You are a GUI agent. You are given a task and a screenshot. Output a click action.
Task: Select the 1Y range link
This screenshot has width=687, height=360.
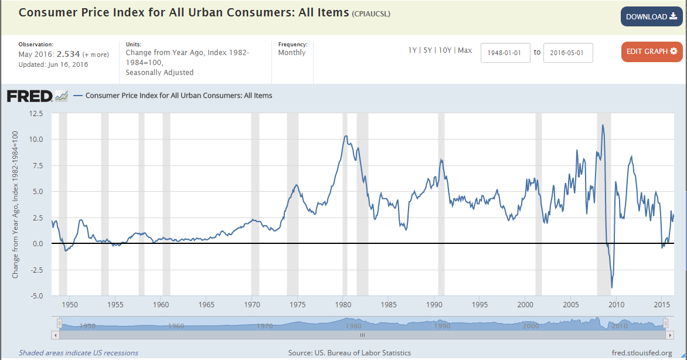413,50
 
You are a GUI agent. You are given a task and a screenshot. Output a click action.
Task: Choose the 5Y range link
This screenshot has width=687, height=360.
428,50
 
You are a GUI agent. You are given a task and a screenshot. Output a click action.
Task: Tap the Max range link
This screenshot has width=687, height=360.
465,50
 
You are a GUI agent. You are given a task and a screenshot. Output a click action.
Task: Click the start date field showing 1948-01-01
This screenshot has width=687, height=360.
505,53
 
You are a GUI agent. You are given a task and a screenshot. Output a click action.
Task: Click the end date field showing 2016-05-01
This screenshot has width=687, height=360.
568,53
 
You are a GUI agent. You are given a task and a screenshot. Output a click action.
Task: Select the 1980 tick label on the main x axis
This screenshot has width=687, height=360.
343,305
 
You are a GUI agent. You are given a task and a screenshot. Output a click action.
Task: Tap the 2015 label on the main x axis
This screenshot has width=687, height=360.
662,305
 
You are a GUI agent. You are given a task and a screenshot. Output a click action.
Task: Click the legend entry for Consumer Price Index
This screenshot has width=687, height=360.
179,96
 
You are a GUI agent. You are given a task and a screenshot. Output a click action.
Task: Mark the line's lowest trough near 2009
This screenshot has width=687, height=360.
612,287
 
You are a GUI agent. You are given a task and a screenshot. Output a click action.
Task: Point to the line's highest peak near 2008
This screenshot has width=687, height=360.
602,125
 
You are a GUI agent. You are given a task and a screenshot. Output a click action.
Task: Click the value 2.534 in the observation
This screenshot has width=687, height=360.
68,54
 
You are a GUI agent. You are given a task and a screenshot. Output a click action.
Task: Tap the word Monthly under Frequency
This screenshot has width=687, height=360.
292,53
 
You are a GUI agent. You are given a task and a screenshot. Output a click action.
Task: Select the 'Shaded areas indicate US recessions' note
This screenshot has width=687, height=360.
79,353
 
